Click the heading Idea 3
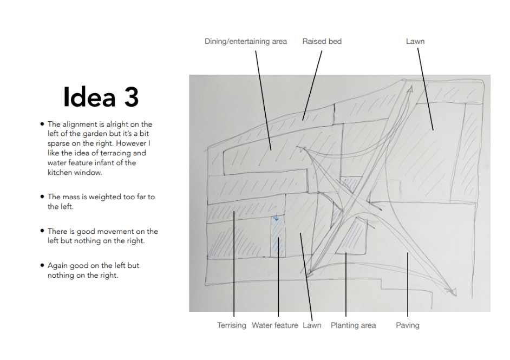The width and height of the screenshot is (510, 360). (101, 96)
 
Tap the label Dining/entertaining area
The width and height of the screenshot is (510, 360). (246, 42)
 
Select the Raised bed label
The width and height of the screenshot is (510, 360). (322, 41)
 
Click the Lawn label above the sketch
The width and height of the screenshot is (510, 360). (415, 41)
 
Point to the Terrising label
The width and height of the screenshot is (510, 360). (232, 325)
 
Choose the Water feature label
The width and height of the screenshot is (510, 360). (275, 325)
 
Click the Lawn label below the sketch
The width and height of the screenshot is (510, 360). (312, 325)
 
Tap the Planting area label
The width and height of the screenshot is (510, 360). (353, 325)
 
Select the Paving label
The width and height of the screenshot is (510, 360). (408, 325)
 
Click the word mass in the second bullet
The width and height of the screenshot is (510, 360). (75, 197)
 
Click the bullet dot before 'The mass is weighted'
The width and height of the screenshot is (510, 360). (42, 197)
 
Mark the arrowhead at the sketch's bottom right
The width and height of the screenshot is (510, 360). (453, 292)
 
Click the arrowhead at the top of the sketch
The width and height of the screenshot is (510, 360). (410, 89)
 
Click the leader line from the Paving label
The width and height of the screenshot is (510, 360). (408, 284)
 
